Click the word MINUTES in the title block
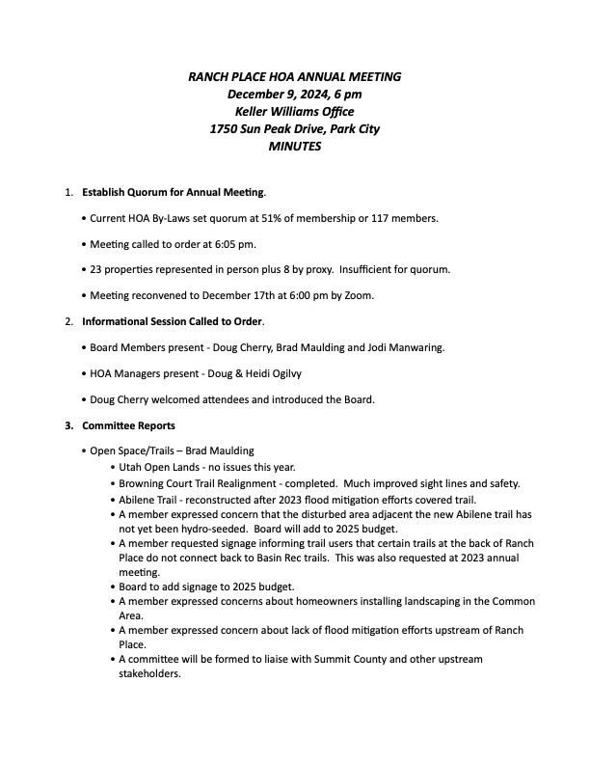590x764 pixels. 294,148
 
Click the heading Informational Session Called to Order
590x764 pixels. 173,320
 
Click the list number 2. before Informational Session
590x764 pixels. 69,320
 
